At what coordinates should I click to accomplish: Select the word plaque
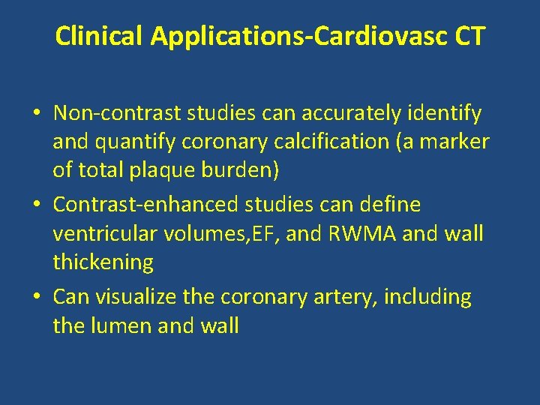click(x=169, y=170)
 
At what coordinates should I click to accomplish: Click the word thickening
click(x=103, y=262)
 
